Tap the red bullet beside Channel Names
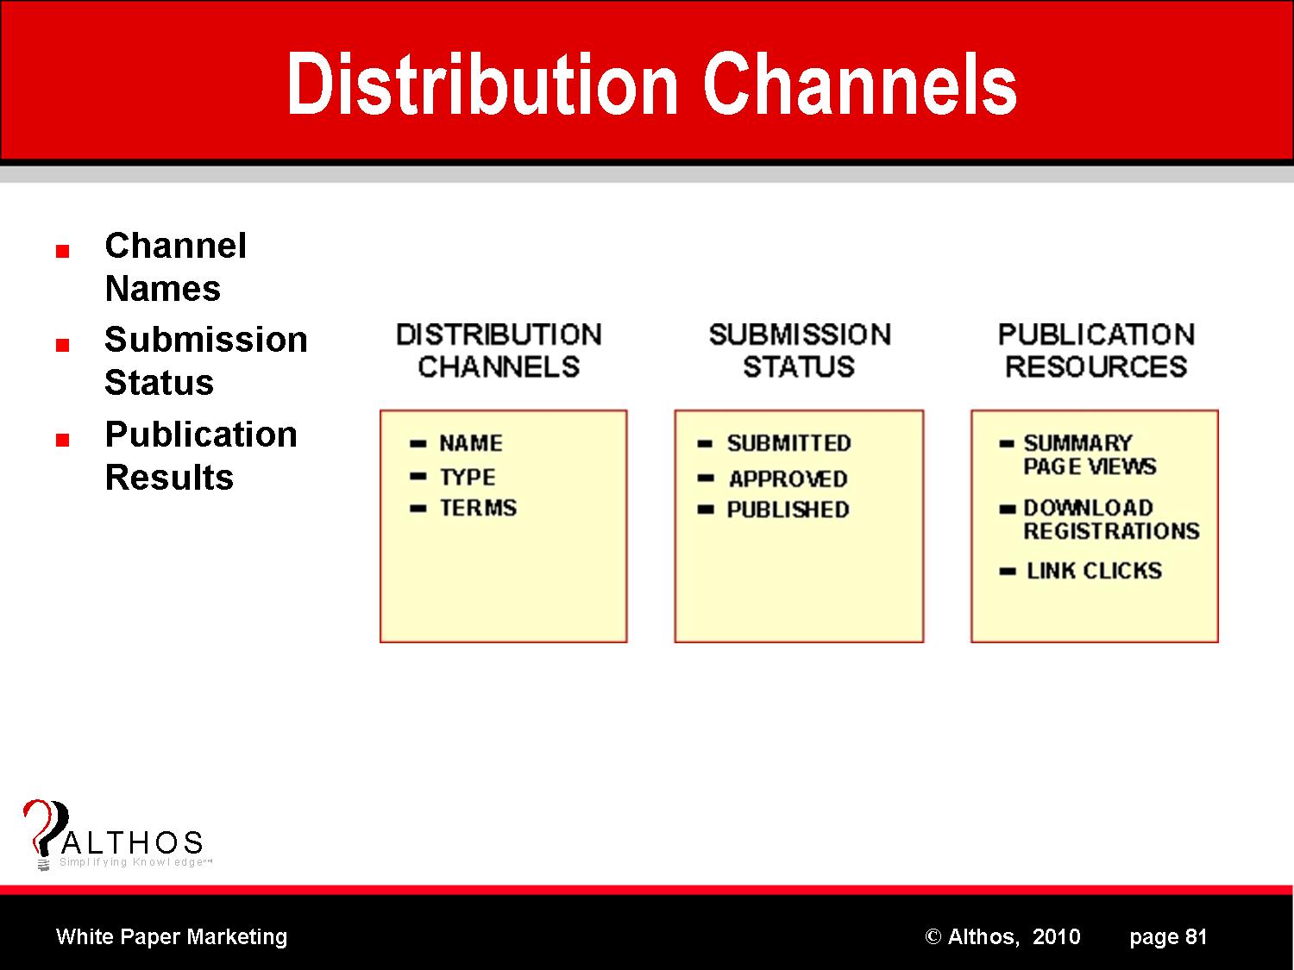click(61, 252)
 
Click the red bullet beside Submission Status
click(61, 345)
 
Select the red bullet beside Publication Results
click(61, 440)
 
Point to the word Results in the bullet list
click(169, 478)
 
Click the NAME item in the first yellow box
click(470, 443)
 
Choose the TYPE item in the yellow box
click(467, 477)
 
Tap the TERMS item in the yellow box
click(478, 508)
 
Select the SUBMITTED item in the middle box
click(788, 443)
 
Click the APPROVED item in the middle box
click(788, 479)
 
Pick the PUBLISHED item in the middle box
click(788, 510)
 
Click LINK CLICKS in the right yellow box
click(1094, 571)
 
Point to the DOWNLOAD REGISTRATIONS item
click(1110, 519)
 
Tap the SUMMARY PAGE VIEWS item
click(1089, 454)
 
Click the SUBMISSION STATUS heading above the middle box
click(799, 351)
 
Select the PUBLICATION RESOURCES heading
click(1096, 351)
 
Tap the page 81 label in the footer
click(1168, 936)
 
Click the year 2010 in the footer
click(1056, 936)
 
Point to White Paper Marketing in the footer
click(172, 936)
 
